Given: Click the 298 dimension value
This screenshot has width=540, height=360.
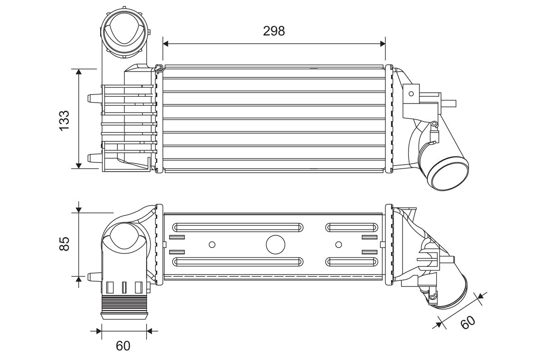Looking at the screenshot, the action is [x=274, y=31].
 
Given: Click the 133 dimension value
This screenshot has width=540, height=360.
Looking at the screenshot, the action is [x=64, y=121].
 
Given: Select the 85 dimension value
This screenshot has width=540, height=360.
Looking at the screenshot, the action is [x=64, y=244].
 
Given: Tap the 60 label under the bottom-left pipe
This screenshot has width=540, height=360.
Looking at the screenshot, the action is [x=123, y=346].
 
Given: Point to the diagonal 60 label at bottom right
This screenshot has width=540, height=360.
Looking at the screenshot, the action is [x=468, y=322].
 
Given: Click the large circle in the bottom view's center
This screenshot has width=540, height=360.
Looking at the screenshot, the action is [x=275, y=244].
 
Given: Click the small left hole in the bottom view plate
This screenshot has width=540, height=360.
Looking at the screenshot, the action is [x=212, y=245].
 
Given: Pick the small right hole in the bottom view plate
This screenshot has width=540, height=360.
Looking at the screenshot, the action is [x=339, y=245].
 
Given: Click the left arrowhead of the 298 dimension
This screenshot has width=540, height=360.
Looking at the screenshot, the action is [x=166, y=44].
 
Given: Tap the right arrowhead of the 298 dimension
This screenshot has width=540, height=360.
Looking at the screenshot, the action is [x=382, y=44].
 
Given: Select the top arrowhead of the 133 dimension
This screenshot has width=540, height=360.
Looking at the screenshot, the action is [x=79, y=72].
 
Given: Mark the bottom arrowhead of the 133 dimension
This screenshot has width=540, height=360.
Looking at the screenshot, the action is [x=79, y=166].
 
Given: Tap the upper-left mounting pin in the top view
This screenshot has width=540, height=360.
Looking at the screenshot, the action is [x=94, y=98].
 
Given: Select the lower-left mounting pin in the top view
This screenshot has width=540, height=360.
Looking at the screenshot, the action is [x=94, y=158].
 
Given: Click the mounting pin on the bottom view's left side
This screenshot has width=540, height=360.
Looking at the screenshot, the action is [x=94, y=277].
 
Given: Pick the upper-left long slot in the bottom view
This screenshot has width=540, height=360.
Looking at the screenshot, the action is [x=238, y=227].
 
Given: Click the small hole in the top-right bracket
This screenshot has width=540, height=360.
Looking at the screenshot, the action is [x=411, y=94].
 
